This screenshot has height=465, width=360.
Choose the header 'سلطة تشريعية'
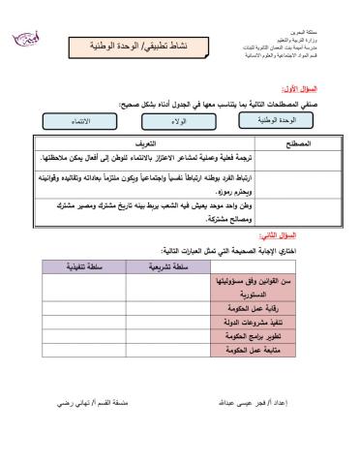(165, 263)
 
